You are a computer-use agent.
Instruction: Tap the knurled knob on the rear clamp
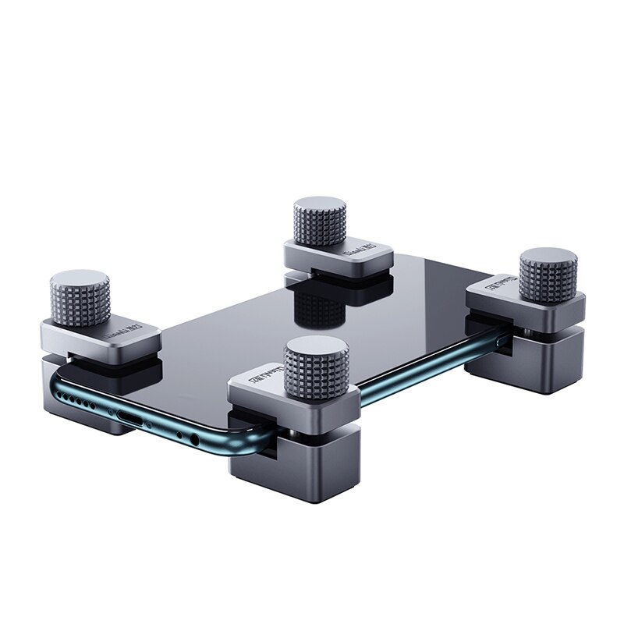[x=320, y=223]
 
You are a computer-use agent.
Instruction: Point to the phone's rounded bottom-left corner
[x=58, y=381]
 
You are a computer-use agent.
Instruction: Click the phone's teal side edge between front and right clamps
[x=413, y=374]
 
